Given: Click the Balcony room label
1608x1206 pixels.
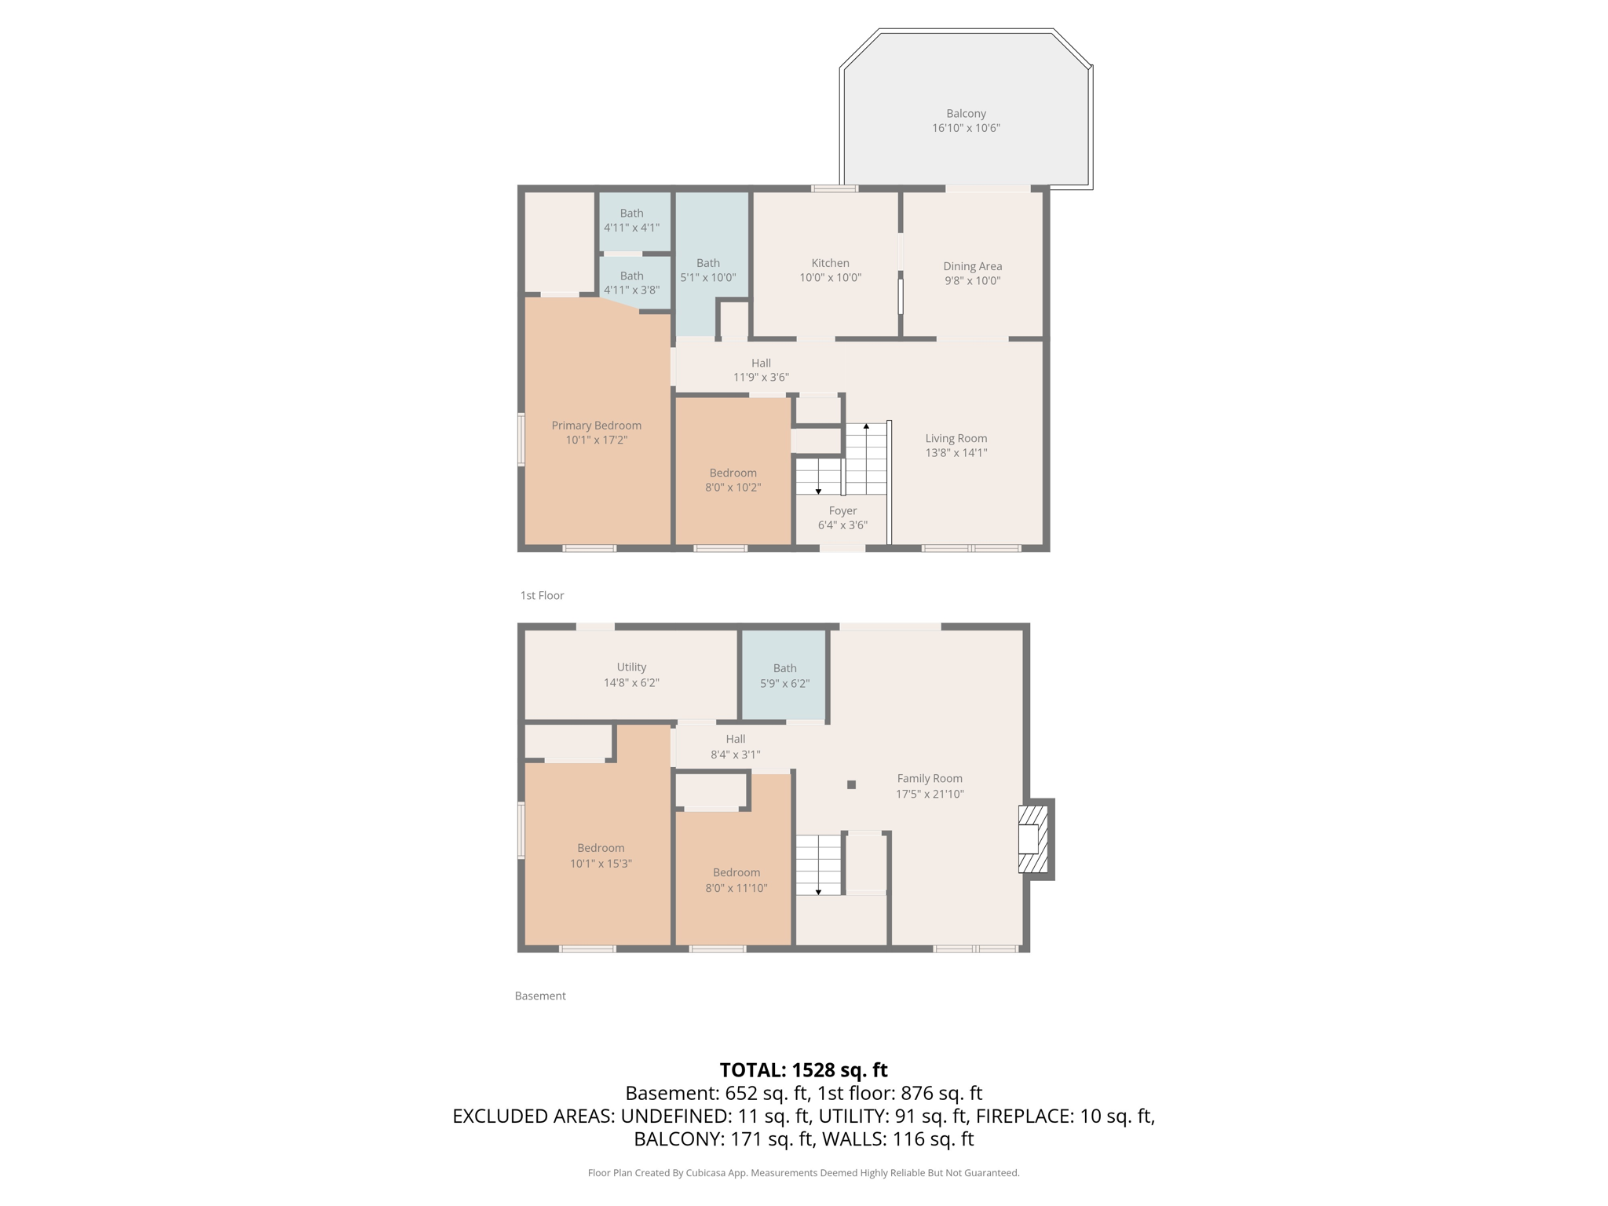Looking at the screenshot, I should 966,114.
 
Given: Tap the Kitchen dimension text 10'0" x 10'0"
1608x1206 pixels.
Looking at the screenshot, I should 830,278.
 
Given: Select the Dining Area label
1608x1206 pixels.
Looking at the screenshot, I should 972,266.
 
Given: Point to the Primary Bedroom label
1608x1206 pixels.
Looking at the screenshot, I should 596,426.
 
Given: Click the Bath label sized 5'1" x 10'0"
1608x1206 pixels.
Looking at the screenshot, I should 707,264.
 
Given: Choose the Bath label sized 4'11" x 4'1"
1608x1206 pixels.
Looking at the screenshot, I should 631,214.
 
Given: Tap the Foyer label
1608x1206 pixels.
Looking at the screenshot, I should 842,511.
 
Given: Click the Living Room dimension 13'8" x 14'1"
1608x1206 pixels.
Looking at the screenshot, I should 956,453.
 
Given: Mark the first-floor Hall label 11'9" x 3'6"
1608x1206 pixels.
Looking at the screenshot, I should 761,364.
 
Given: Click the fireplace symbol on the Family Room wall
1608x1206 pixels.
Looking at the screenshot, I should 1033,839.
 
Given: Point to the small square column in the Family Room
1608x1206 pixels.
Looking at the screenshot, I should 851,784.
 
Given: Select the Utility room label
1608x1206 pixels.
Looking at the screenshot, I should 631,667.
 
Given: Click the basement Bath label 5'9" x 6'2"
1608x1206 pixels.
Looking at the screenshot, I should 784,669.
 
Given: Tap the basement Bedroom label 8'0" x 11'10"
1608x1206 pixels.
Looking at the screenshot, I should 736,873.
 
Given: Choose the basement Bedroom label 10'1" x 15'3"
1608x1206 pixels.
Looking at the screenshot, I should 601,848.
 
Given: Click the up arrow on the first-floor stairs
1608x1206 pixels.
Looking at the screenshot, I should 866,426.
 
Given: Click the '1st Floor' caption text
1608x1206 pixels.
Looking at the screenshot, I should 542,596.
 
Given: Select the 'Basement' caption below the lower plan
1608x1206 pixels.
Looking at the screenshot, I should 540,996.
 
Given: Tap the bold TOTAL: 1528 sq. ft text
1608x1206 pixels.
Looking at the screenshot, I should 803,1070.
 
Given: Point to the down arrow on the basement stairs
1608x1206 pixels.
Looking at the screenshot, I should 818,892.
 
